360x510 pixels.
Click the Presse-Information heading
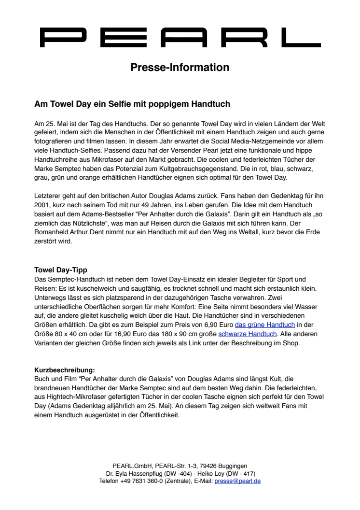pyautogui.click(x=180, y=67)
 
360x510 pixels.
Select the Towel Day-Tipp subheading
pyautogui.click(x=60, y=269)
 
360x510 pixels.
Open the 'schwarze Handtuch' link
pyautogui.click(x=248, y=334)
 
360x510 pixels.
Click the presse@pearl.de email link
pyautogui.click(x=237, y=481)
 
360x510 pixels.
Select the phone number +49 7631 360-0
pyautogui.click(x=145, y=481)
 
